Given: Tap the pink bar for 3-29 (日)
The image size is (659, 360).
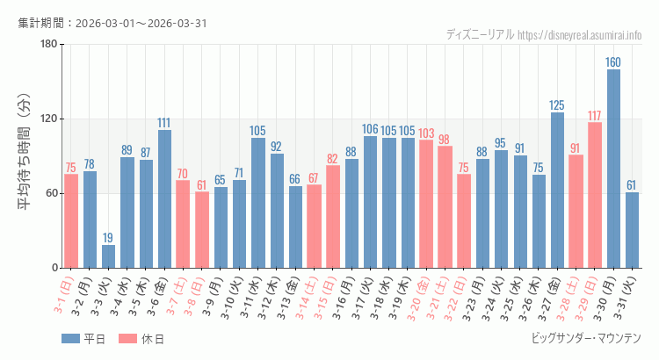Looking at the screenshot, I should point(595,195).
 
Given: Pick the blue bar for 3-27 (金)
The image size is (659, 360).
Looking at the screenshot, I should point(557,190).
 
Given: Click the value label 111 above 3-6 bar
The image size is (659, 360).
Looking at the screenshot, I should point(164,123).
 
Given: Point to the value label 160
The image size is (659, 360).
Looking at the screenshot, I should point(613,62).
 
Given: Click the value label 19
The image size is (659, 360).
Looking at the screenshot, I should point(108,238).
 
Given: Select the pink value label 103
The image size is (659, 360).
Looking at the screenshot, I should point(426,133).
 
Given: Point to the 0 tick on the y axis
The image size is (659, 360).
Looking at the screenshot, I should point(54,268).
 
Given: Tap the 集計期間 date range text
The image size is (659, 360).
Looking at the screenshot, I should point(112,23).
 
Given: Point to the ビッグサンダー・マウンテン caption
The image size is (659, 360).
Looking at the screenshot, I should point(586,338).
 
